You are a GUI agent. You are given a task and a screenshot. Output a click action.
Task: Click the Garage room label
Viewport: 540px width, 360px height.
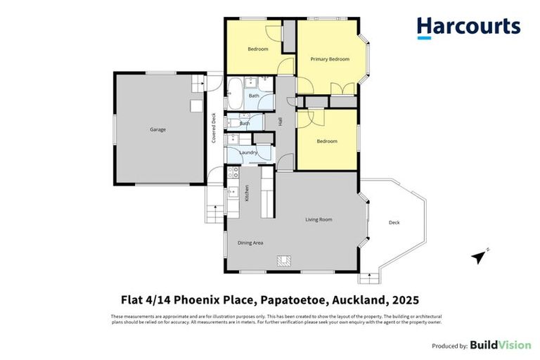coord(157,129)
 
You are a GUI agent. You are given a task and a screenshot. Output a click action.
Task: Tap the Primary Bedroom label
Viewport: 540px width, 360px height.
coord(330,59)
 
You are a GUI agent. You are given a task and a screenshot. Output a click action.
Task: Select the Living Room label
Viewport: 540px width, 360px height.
coord(319,219)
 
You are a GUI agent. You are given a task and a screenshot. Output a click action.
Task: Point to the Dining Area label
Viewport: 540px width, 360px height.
coord(250,243)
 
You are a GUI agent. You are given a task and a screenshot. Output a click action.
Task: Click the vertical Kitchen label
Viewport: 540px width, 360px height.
coord(247,193)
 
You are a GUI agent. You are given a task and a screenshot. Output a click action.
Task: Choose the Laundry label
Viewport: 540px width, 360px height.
coord(248,153)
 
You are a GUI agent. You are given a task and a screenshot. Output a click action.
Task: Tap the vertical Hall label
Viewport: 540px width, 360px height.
coord(280,122)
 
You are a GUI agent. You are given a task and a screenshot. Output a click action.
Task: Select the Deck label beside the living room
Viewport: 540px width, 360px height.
coord(394,223)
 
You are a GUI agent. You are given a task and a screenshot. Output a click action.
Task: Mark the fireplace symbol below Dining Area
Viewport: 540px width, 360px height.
coord(285,261)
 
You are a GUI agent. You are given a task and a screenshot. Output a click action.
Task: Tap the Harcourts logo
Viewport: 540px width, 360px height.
coord(468,27)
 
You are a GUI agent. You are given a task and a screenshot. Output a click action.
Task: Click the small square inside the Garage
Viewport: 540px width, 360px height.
coord(196,105)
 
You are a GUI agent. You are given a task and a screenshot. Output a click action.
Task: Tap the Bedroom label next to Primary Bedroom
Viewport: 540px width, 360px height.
coord(259,49)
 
